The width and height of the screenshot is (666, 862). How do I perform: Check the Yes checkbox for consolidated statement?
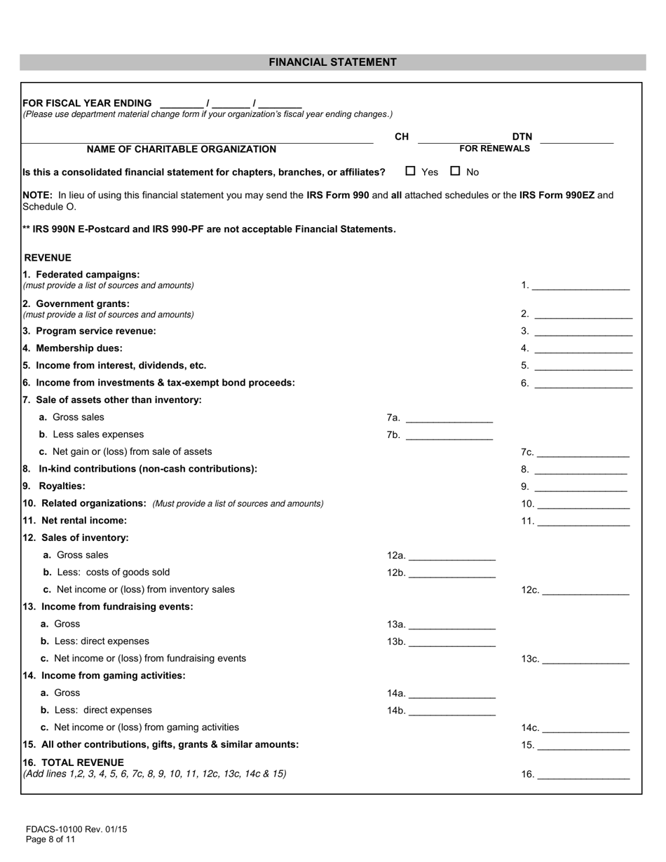pyautogui.click(x=411, y=170)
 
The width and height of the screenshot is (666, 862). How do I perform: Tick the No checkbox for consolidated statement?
pyautogui.click(x=456, y=170)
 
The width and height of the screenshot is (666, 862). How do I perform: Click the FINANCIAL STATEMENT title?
pyautogui.click(x=332, y=62)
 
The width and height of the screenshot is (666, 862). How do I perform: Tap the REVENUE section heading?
pyautogui.click(x=48, y=258)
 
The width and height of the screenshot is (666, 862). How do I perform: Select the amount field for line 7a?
pyautogui.click(x=449, y=418)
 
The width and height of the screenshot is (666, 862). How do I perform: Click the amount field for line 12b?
pyautogui.click(x=451, y=573)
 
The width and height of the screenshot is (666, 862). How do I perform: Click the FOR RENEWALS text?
pyautogui.click(x=494, y=149)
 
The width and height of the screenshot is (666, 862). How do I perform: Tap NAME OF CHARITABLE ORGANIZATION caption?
pyautogui.click(x=181, y=149)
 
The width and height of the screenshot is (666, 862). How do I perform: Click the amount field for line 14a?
pyautogui.click(x=451, y=693)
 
